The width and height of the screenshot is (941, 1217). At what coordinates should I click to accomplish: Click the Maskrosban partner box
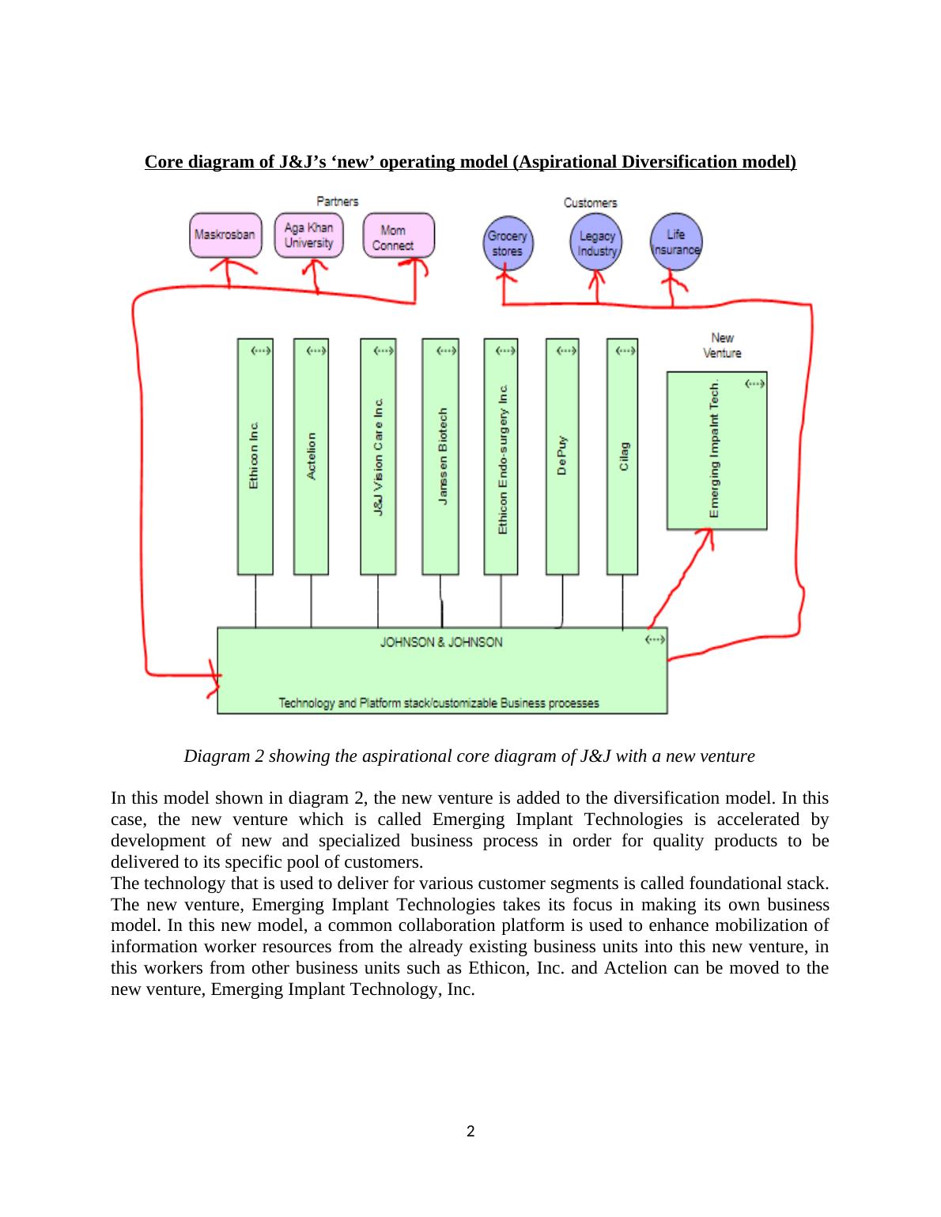225,235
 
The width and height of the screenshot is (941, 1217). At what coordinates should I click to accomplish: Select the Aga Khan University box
309,235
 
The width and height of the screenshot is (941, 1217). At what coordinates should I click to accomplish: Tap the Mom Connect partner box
399,235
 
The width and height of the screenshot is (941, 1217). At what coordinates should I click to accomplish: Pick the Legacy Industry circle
596,243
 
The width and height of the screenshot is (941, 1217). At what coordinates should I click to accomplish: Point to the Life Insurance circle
675,241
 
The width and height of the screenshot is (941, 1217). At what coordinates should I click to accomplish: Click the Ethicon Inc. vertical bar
255,457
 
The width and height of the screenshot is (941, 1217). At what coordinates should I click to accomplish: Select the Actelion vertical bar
311,457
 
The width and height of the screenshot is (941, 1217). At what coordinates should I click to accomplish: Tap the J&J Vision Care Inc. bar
378,457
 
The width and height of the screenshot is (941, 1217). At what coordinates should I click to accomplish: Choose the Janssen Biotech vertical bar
440,457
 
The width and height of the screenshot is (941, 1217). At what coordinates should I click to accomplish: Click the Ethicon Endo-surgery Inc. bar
501,457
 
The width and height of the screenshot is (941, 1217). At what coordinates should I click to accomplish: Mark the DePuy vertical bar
562,457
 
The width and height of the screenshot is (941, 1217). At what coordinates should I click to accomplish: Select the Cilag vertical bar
622,457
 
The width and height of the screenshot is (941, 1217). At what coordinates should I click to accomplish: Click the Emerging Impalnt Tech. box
716,450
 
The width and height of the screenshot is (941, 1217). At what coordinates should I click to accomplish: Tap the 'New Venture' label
722,345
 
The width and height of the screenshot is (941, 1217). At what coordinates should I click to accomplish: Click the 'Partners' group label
338,202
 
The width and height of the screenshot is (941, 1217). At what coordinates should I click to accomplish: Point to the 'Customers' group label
590,203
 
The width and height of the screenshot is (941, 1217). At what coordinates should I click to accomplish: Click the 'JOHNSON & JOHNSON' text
441,642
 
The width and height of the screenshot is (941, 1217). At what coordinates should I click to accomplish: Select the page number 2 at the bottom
470,1132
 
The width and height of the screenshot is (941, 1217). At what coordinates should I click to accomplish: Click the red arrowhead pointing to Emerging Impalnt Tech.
708,537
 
